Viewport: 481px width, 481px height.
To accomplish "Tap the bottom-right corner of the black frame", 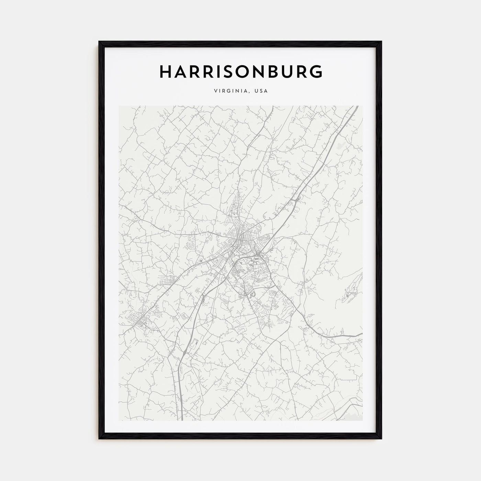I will pyautogui.click(x=381, y=439).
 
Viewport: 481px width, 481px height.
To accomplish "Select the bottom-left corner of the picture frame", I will pyautogui.click(x=100, y=439).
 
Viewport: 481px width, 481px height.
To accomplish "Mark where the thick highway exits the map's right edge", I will pyautogui.click(x=362, y=334).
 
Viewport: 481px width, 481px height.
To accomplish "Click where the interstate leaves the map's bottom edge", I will pyautogui.click(x=181, y=420).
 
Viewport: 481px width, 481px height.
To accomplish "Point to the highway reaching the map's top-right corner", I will pyautogui.click(x=356, y=107).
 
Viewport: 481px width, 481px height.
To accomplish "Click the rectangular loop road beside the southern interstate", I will pyautogui.click(x=193, y=345).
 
